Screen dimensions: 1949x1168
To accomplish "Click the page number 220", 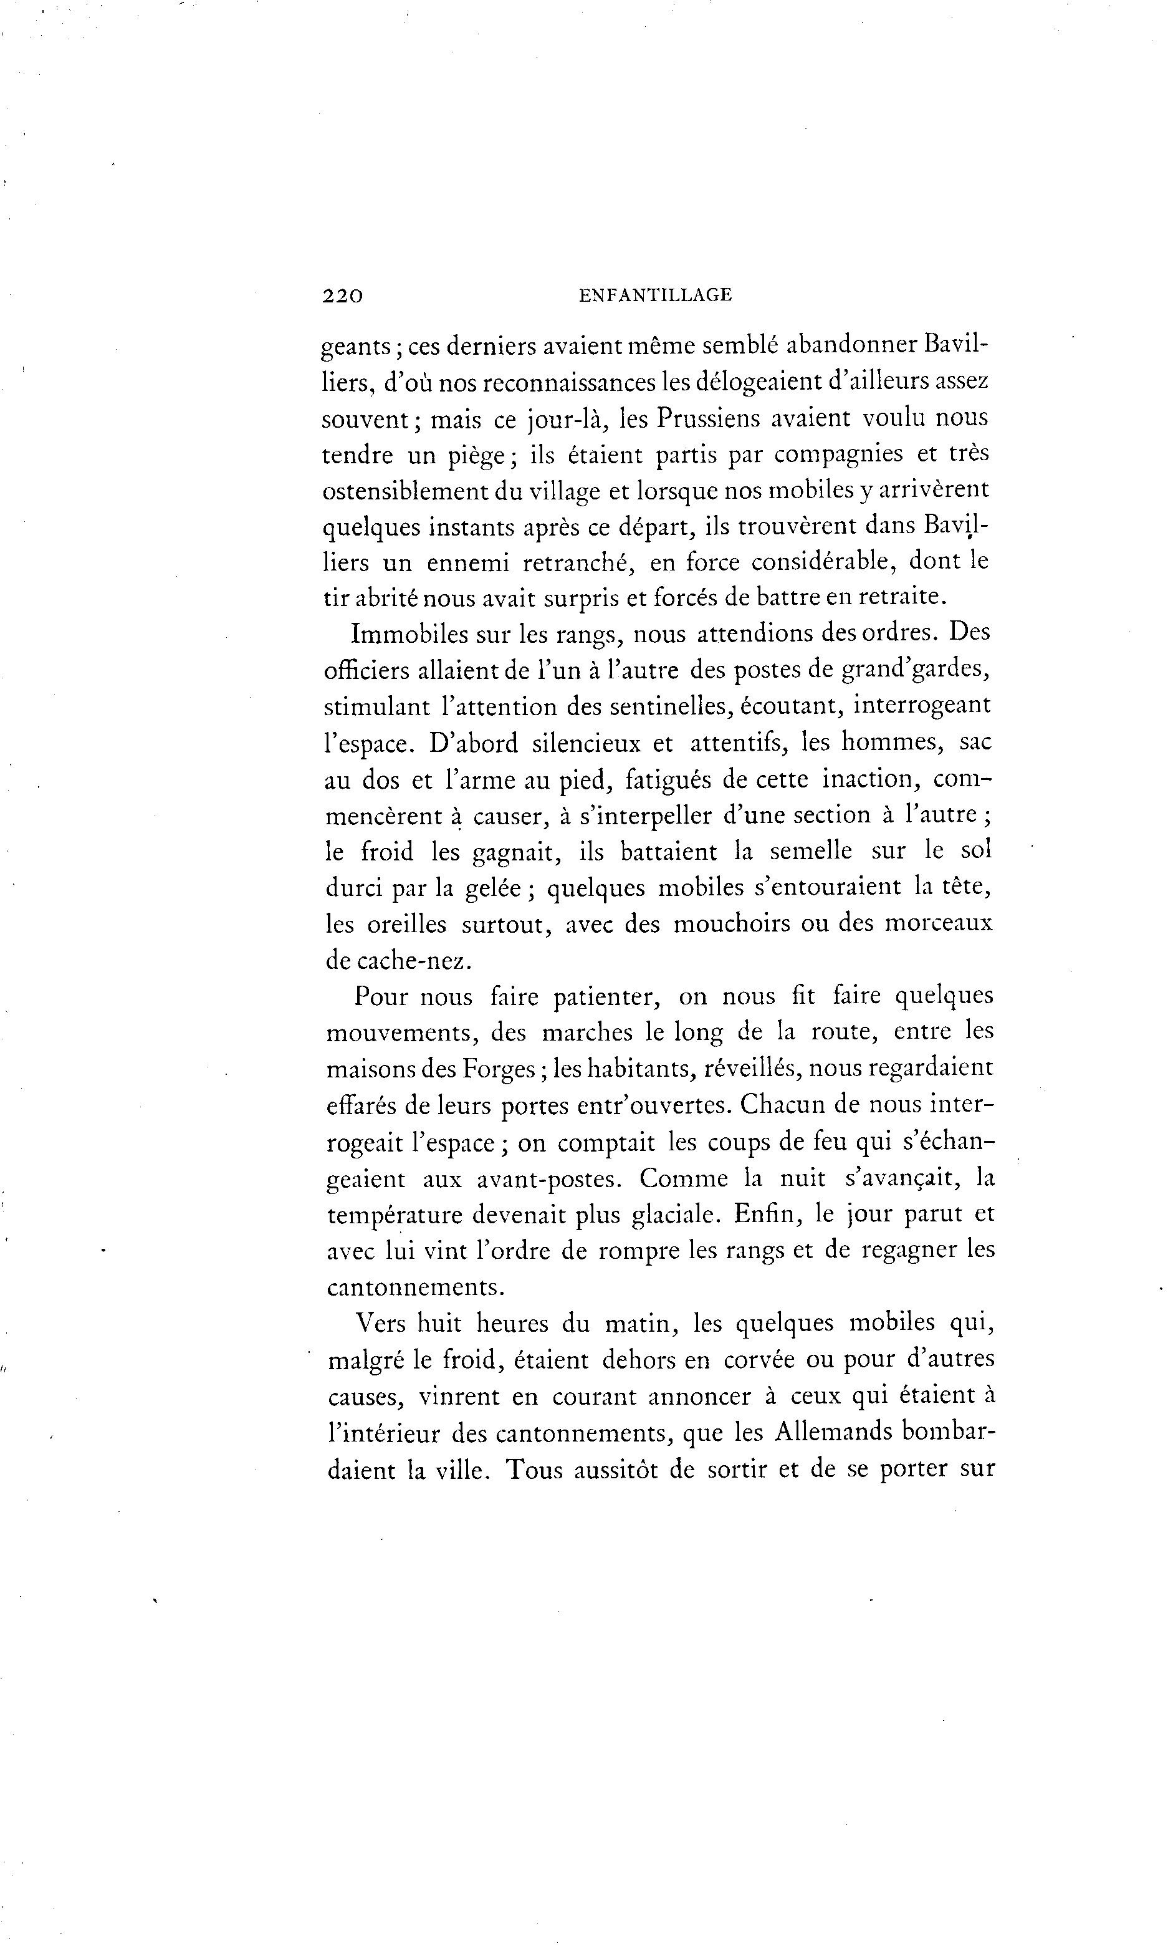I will click(342, 296).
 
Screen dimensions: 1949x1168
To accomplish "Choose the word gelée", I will click(493, 888).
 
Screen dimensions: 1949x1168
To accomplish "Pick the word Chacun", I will click(785, 1105).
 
